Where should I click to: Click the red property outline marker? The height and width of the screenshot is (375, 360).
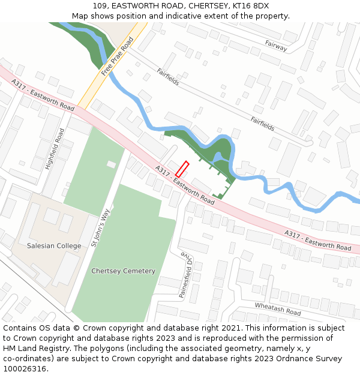click(x=182, y=169)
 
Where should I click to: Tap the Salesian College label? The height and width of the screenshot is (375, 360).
click(x=54, y=246)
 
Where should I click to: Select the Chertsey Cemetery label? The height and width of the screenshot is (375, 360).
click(x=123, y=271)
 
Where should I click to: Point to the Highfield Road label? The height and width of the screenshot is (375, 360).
click(x=55, y=148)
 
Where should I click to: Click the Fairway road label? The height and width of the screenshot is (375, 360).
click(x=276, y=45)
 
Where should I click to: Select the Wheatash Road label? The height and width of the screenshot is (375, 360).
click(x=277, y=309)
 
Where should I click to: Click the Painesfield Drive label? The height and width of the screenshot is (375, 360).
click(x=185, y=275)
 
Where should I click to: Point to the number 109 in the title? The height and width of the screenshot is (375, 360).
click(x=100, y=6)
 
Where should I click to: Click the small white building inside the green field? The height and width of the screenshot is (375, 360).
click(x=112, y=164)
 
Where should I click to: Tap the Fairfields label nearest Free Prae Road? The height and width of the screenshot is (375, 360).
click(x=168, y=77)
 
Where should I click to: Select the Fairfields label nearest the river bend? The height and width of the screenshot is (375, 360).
click(x=263, y=124)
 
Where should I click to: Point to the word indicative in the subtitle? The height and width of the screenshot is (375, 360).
click(x=185, y=16)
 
